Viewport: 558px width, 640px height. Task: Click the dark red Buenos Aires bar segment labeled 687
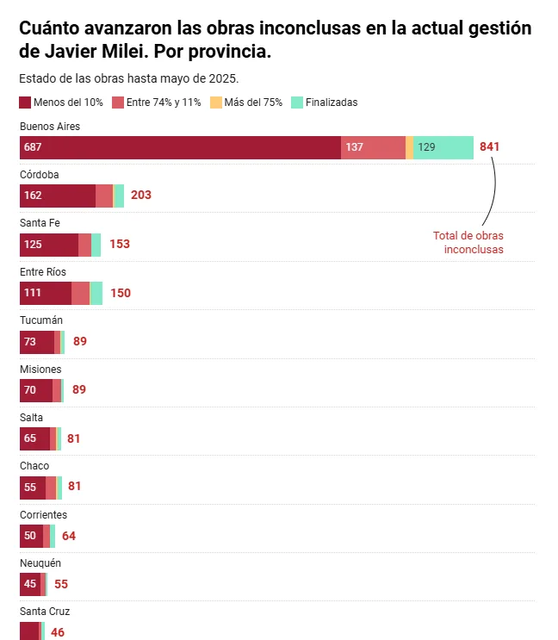coord(180,147)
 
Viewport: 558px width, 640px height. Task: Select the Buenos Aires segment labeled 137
coord(373,147)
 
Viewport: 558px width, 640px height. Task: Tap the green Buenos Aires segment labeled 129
coord(443,147)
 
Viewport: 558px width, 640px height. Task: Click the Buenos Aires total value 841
coord(489,147)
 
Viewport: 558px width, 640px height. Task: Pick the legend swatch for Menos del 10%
coord(25,103)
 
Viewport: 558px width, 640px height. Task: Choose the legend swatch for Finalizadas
coord(297,103)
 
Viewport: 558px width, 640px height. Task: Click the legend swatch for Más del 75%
coord(216,103)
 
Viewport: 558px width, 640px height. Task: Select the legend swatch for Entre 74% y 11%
coord(118,103)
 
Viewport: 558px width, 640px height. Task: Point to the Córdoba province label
coord(40,175)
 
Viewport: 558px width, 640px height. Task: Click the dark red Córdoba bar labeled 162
coord(58,196)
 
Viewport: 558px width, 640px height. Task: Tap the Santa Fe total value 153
coord(120,245)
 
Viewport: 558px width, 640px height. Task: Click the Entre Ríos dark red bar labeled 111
coord(46,293)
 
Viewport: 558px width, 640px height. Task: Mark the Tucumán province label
coord(41,320)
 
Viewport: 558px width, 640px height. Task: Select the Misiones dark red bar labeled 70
coord(36,390)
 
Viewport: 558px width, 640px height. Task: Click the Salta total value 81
coord(74,438)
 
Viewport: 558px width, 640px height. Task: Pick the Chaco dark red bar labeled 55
coord(33,487)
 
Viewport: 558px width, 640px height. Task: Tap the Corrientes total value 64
coord(69,536)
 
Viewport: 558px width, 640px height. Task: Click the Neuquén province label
coord(40,563)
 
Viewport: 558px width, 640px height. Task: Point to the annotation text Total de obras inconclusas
coord(468,242)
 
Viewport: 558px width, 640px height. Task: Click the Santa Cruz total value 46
coord(58,632)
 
